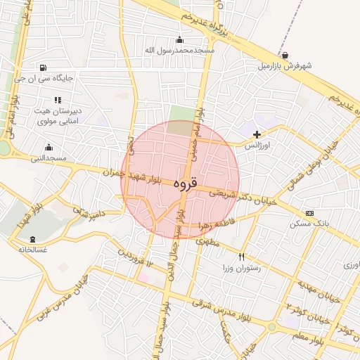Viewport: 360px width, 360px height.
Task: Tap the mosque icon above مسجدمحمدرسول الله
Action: point(180,39)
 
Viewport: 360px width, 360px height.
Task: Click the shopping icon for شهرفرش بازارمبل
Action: point(284,55)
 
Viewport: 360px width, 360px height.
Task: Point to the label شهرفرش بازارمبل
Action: point(284,65)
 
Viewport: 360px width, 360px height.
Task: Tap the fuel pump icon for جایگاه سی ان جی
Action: point(44,68)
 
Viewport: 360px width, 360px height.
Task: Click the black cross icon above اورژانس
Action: point(257,134)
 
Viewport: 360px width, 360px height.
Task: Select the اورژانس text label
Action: point(257,146)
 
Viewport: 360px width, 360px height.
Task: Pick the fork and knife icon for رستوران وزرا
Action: point(243,257)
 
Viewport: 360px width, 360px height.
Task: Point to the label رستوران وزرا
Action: point(242,269)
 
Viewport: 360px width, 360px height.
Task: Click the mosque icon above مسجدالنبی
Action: point(49,147)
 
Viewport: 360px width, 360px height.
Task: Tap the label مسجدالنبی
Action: point(48,158)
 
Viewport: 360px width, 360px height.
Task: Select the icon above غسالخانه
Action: point(34,239)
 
